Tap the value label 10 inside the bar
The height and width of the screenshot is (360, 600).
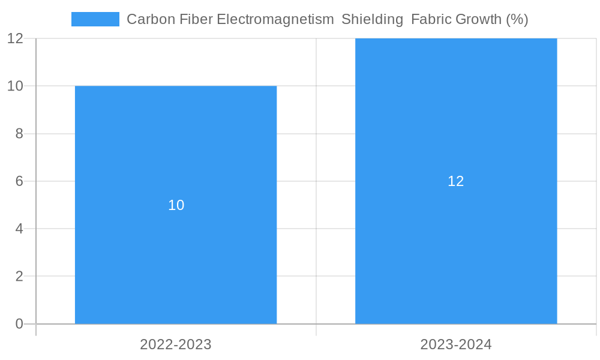[x=176, y=205]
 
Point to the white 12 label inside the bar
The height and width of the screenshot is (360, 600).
[x=456, y=181]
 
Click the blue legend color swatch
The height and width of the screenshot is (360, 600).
[x=95, y=19]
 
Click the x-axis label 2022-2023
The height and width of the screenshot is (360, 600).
[x=176, y=344]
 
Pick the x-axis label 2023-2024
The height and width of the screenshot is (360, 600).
[x=456, y=344]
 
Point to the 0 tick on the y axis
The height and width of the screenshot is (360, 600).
[x=19, y=324]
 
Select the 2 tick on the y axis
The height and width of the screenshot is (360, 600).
[x=19, y=277]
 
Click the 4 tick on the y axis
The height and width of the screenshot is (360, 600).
[x=19, y=229]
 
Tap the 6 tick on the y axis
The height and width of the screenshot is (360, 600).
[x=19, y=181]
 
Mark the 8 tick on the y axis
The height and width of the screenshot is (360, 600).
[x=19, y=133]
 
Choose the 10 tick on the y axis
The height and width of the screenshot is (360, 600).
[x=16, y=86]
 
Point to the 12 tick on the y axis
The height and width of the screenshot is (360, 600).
[x=16, y=38]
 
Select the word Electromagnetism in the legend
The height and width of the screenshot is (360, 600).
[x=275, y=19]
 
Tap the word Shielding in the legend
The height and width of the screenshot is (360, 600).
[x=372, y=19]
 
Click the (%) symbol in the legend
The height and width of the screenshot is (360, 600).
[x=517, y=19]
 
